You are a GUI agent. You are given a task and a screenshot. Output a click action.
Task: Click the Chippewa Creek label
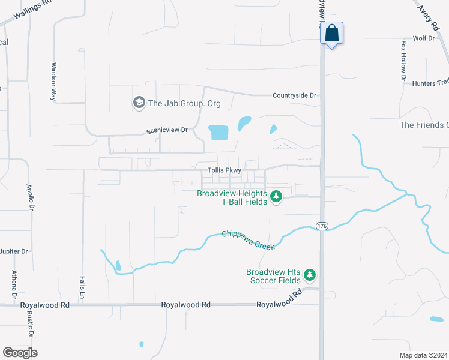[x=249, y=240]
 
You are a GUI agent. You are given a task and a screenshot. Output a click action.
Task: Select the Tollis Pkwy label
[x=224, y=170]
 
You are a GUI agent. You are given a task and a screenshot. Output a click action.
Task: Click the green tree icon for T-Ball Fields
[x=276, y=197]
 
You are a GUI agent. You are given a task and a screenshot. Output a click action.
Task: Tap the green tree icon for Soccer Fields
[x=310, y=275]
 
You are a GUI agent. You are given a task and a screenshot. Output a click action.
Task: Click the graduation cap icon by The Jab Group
[x=139, y=103]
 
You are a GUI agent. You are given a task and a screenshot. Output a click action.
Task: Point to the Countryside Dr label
[x=294, y=95]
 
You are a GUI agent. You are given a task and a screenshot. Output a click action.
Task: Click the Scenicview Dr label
[x=167, y=130]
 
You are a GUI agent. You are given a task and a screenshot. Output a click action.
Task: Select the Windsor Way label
[x=54, y=81]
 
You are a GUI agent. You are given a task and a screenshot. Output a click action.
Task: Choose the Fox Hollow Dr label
[x=403, y=61]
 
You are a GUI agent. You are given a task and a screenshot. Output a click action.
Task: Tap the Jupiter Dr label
[x=14, y=251]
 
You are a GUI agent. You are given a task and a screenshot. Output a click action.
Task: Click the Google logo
[x=20, y=353]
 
